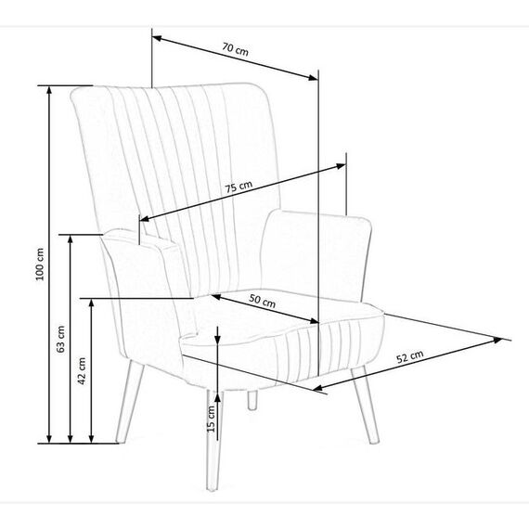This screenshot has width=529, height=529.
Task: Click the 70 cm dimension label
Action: click(x=235, y=49)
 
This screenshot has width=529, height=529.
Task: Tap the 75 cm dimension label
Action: click(x=239, y=187)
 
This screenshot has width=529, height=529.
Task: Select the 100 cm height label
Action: click(x=40, y=264)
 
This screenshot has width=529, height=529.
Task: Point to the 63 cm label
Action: click(x=60, y=339)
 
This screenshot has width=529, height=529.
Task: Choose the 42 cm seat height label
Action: click(x=82, y=371)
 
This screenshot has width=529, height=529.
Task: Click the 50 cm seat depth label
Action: click(x=262, y=301)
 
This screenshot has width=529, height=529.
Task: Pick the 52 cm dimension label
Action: click(x=409, y=356)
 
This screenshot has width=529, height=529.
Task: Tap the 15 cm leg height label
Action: click(x=211, y=419)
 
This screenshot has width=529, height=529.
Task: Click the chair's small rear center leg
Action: click(x=252, y=400)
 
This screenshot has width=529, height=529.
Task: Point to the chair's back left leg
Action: click(x=130, y=402)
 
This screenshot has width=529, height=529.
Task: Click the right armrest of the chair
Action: click(x=316, y=256)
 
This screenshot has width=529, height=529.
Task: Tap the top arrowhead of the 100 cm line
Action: click(x=49, y=90)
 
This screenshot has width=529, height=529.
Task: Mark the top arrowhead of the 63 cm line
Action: click(x=71, y=239)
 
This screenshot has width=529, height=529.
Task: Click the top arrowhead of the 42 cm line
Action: click(x=91, y=303)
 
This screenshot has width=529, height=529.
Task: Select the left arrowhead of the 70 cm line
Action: click(x=157, y=38)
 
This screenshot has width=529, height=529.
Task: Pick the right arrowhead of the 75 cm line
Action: click(x=341, y=166)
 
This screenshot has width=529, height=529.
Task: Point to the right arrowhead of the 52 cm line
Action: click(x=497, y=340)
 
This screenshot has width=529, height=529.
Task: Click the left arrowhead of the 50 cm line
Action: click(x=216, y=297)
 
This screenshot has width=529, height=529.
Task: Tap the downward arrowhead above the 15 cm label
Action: click(x=218, y=340)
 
